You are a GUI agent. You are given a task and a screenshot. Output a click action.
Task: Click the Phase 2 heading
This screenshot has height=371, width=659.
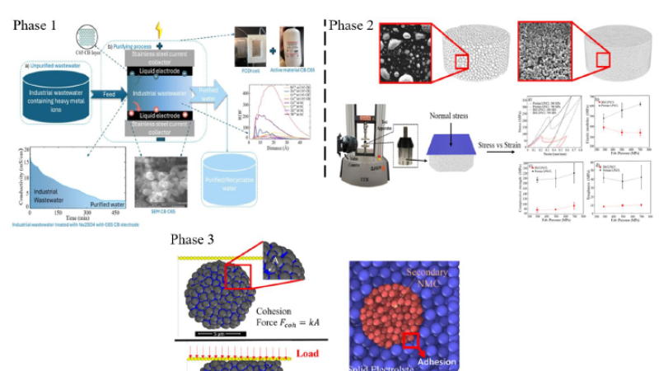352,25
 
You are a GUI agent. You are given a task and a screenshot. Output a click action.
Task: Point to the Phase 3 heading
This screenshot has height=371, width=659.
193,240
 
